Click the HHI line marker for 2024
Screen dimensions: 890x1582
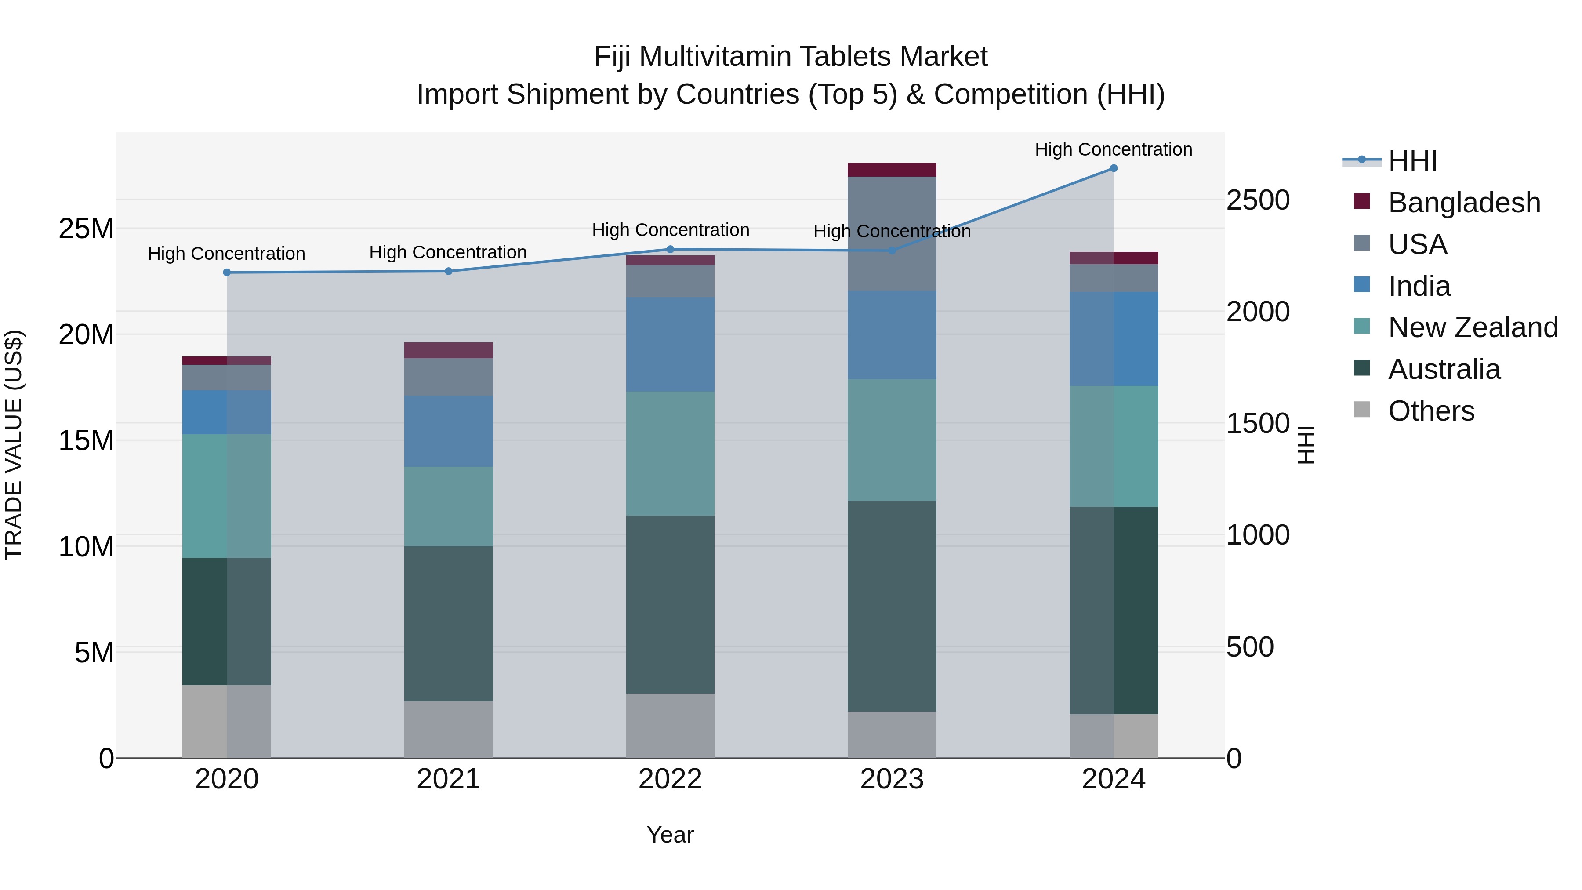pos(1114,168)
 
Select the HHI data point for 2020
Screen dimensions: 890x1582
pos(227,272)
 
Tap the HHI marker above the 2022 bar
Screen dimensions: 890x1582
pos(670,249)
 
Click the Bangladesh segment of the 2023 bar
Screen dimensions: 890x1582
pos(892,170)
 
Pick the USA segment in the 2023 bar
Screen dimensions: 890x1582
pos(892,233)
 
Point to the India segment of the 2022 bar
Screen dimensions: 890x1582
pos(670,344)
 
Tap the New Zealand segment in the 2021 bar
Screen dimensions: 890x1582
pos(448,506)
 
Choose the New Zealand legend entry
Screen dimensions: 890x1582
pos(1472,327)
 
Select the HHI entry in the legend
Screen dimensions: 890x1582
pos(1412,161)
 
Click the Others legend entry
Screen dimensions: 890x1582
pos(1430,411)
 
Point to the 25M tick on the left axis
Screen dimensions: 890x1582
pos(86,229)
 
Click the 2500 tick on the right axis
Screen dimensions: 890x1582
pos(1258,200)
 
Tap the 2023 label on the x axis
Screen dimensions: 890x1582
pos(892,779)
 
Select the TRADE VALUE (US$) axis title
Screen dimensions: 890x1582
pos(14,445)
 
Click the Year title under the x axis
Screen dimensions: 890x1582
pos(670,835)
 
